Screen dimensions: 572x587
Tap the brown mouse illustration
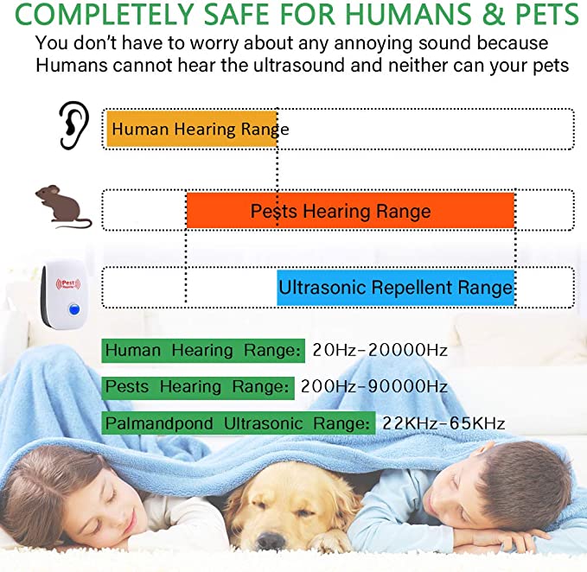point(62,207)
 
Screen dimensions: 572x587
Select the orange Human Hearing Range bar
point(190,130)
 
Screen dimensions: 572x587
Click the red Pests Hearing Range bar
point(350,211)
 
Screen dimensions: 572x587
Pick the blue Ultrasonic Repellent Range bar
point(395,287)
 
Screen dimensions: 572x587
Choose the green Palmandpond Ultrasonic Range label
point(238,423)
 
